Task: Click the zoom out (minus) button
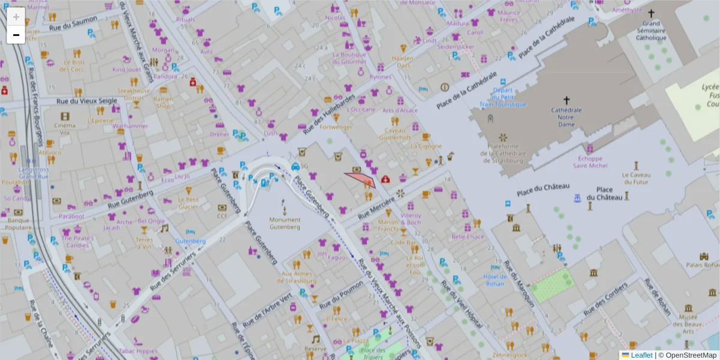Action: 16,35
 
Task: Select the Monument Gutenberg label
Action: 284,223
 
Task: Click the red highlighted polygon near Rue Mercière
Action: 362,179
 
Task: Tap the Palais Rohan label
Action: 703,265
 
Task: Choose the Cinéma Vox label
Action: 65,129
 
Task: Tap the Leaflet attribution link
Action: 641,355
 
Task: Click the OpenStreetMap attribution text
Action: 691,355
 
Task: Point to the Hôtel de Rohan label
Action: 494,280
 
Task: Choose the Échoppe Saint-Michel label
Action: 590,162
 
